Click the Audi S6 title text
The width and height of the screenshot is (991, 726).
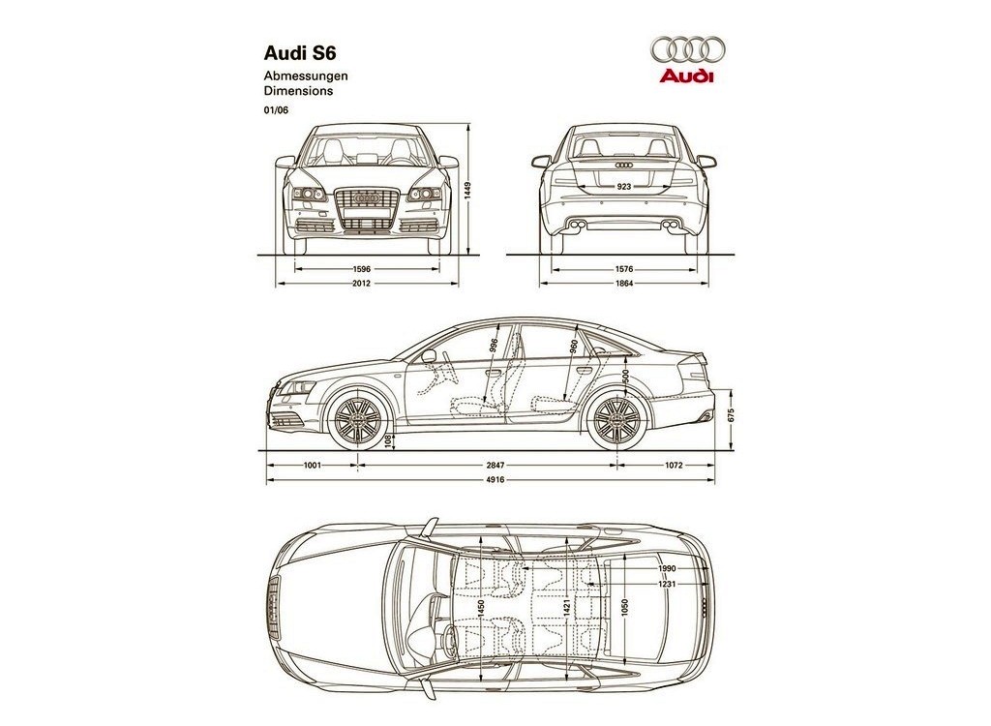(300, 51)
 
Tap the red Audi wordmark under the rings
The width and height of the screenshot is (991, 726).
(687, 76)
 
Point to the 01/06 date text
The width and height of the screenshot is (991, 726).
(276, 110)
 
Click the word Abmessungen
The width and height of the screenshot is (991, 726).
(306, 76)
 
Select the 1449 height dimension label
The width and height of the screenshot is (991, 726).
(468, 191)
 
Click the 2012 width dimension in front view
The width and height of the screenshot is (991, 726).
(362, 284)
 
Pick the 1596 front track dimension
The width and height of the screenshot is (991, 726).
(362, 269)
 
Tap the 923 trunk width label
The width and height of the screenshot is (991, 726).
(624, 187)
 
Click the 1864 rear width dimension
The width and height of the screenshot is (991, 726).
(624, 284)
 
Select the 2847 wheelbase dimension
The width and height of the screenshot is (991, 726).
(495, 466)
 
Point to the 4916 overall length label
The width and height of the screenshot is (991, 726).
(495, 480)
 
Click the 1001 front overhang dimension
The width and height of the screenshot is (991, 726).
(313, 466)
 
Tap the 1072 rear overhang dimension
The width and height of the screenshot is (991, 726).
(674, 466)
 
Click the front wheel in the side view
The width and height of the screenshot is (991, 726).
(357, 420)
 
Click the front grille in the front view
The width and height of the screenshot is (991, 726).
(368, 208)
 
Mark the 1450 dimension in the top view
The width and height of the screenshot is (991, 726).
(482, 609)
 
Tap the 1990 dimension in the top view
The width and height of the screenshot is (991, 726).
(667, 568)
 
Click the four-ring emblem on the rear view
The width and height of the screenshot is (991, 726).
(624, 166)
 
